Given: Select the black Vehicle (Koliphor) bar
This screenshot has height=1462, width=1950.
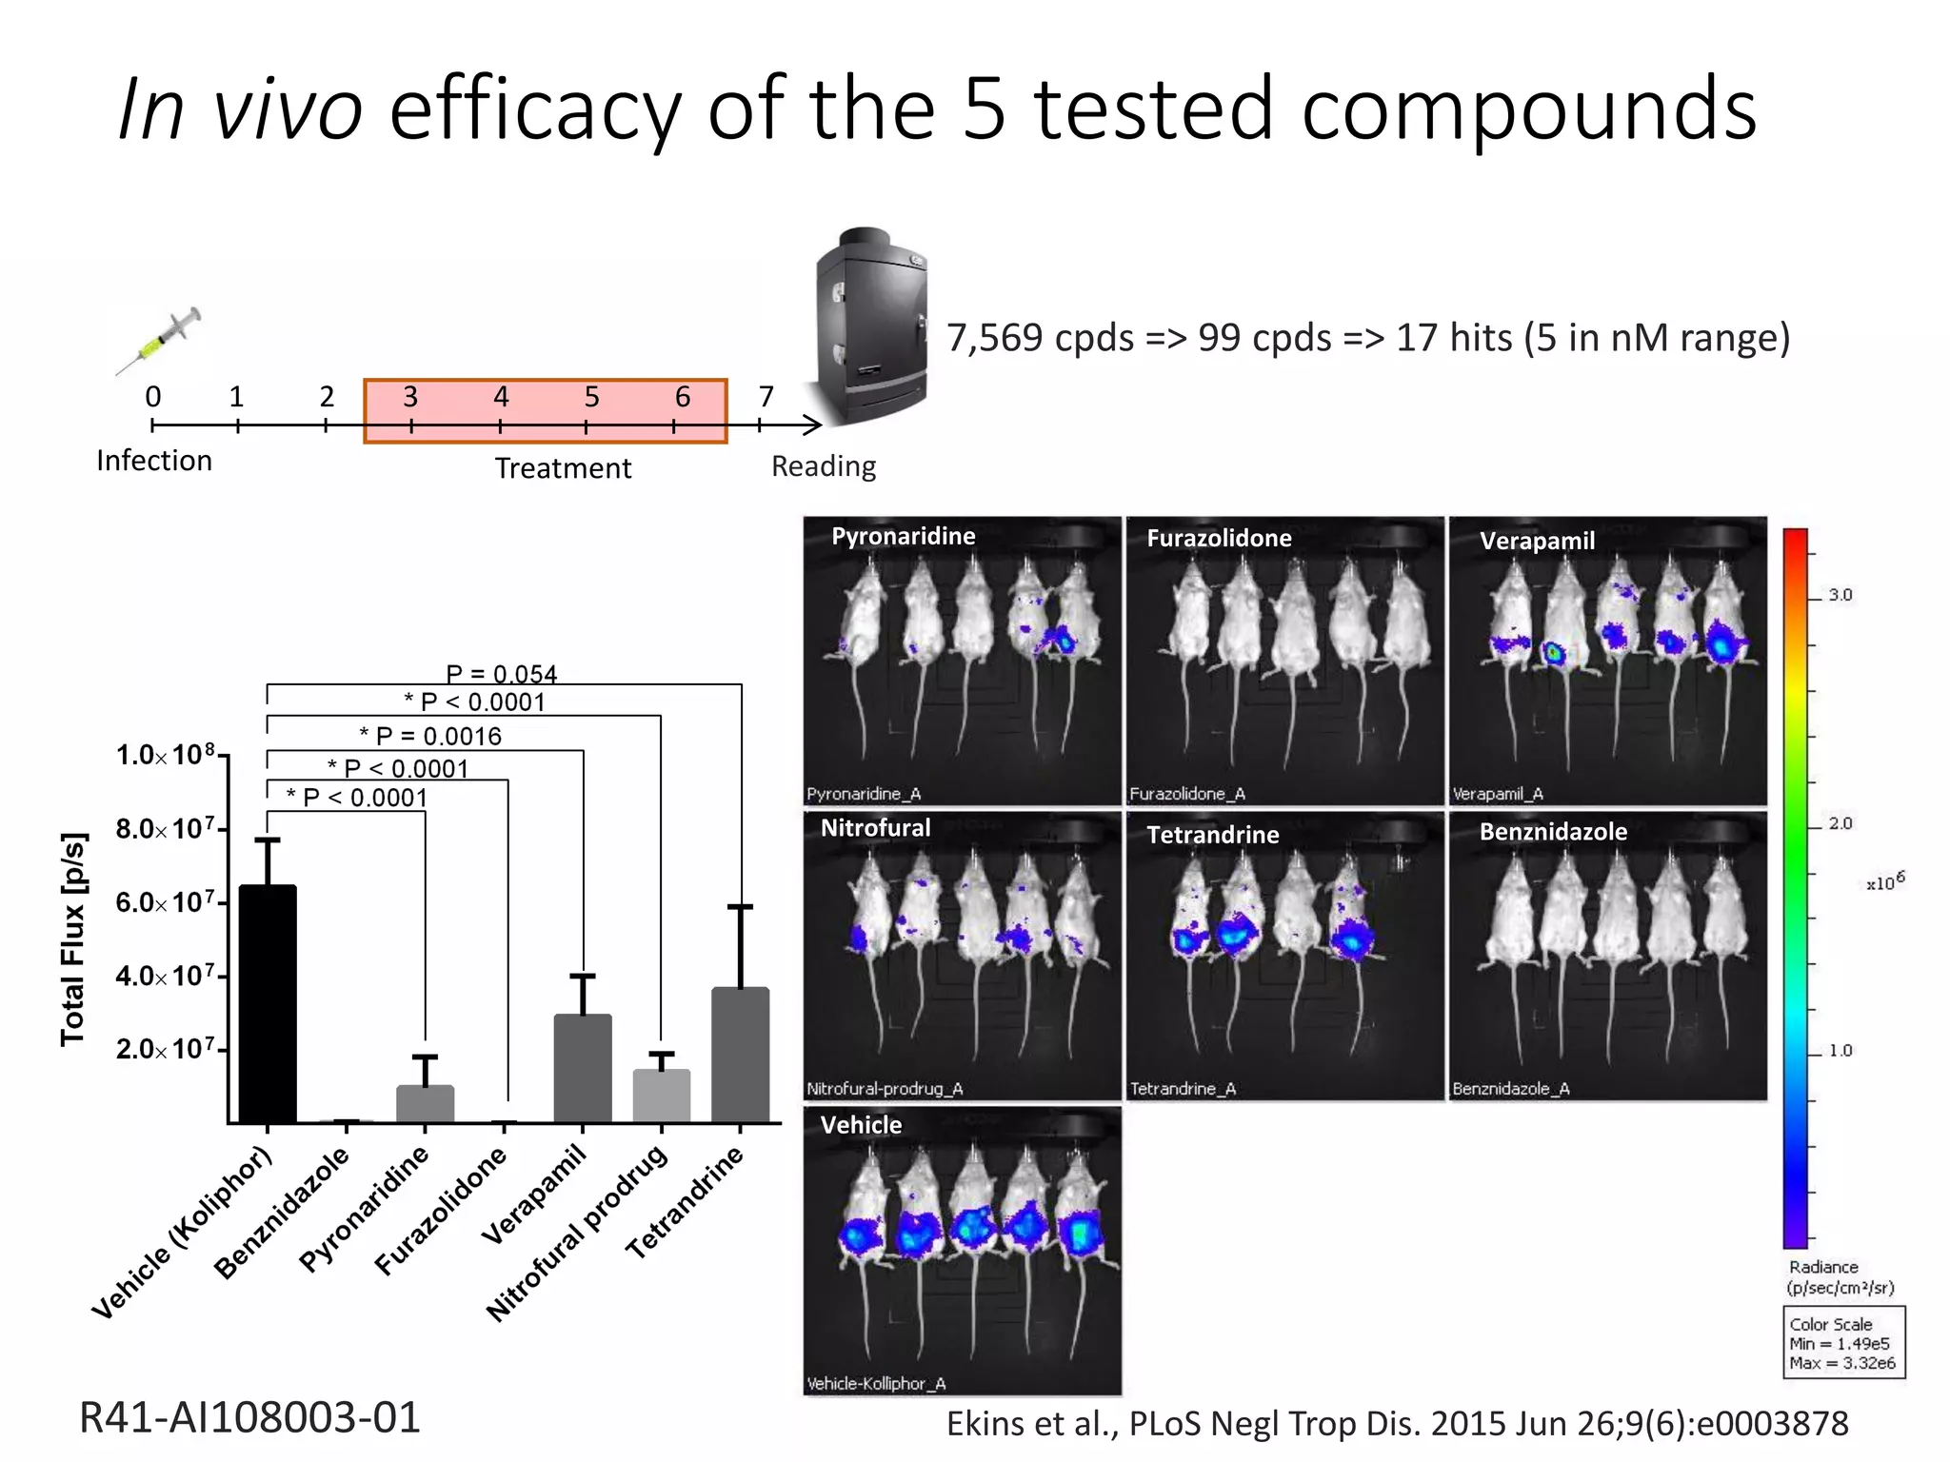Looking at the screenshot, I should (268, 1004).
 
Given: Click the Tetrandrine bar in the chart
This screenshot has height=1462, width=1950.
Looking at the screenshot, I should (740, 1055).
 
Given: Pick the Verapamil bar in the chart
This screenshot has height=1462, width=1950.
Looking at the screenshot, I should (583, 1068).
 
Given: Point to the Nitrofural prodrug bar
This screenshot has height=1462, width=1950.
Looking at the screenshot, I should (661, 1096).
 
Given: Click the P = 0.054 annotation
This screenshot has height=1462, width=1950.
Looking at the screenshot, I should (501, 674).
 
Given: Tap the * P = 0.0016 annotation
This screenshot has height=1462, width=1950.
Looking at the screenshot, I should (430, 736).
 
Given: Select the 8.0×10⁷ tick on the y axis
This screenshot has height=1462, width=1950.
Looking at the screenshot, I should (166, 829).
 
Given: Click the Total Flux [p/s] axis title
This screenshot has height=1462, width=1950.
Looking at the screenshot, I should (73, 938).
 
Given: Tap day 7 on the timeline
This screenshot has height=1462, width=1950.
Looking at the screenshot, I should (766, 397).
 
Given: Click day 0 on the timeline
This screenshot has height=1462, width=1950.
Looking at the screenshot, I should (153, 397).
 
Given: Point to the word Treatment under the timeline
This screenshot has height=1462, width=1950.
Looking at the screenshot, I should (563, 468).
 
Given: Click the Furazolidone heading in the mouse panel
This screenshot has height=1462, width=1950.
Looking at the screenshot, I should (1219, 539).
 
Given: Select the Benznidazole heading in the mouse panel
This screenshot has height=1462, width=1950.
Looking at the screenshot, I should (1553, 832).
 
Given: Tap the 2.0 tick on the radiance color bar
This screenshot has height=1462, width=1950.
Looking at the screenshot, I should (1840, 823).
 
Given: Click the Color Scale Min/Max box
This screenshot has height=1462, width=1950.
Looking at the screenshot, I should (1843, 1342).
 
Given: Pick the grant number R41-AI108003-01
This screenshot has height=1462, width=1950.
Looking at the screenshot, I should (249, 1417).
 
